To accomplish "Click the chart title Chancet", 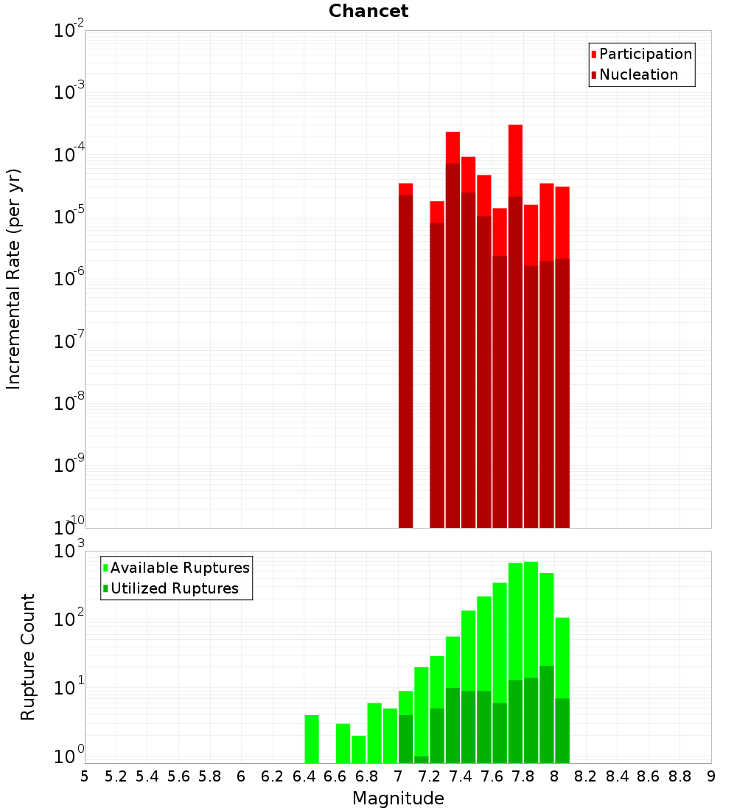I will [x=368, y=11].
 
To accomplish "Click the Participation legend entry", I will [x=646, y=54].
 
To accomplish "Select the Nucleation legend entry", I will [x=638, y=74].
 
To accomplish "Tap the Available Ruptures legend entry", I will [x=180, y=568].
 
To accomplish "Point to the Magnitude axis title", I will [x=398, y=798].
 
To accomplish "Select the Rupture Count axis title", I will [x=28, y=657].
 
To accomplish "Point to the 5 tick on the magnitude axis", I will [x=85, y=776].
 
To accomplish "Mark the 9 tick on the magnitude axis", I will [x=711, y=776].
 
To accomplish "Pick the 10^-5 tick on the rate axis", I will [x=69, y=216].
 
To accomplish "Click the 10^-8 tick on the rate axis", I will [x=69, y=403].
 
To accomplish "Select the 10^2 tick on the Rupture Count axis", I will [x=69, y=618].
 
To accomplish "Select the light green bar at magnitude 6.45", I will [x=312, y=739].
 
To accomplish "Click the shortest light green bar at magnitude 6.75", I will [x=359, y=749].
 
